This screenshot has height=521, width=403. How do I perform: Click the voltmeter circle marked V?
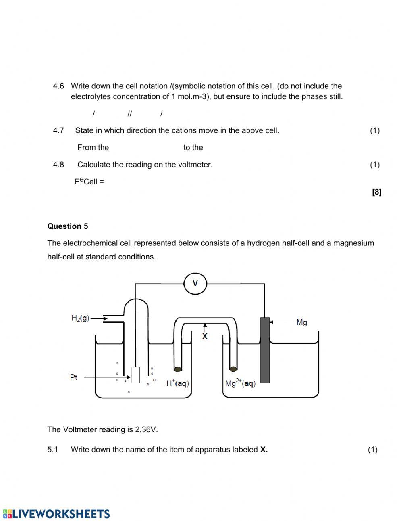195,283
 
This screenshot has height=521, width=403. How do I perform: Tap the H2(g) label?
80,318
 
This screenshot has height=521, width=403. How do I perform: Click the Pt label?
74,377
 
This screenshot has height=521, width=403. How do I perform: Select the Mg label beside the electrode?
301,322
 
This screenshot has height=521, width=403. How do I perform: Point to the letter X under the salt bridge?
205,336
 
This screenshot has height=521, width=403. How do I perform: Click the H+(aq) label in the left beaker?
177,383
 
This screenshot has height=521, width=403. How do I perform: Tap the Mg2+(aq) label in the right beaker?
240,383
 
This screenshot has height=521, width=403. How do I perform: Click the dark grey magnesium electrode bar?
265,350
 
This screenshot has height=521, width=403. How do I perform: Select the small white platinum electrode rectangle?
136,375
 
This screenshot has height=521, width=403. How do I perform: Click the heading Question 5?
68,226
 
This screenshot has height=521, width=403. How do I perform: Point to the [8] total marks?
376,192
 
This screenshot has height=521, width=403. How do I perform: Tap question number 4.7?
58,130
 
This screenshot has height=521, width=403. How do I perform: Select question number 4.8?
58,165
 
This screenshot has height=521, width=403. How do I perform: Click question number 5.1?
53,450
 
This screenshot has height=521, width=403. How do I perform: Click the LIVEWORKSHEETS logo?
56,514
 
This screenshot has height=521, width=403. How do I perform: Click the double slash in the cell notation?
129,114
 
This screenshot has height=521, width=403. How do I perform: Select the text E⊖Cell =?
89,182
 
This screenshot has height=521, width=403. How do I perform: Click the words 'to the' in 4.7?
193,148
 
